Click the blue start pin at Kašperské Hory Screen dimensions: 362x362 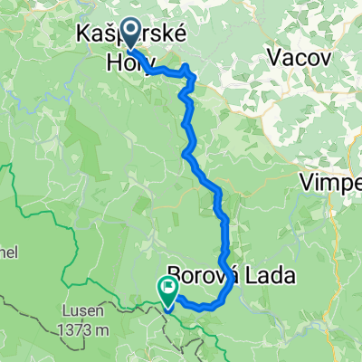pos(129,35)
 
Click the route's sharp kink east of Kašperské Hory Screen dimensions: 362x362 pos(187,68)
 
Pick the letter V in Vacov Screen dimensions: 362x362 pos(275,57)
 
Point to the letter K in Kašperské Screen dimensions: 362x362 pos(84,35)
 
